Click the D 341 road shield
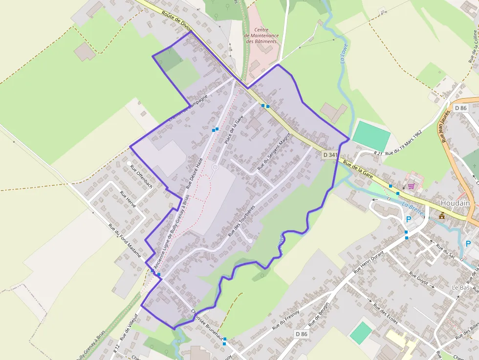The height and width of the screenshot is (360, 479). point(330,155)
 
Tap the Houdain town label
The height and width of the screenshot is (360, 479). point(455,203)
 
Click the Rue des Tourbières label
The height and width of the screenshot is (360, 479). point(241,221)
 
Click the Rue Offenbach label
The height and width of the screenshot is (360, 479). point(141,176)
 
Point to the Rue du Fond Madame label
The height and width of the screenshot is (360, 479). point(125,240)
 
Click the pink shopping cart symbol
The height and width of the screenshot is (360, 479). point(412,186)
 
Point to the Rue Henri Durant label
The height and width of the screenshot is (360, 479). point(370,263)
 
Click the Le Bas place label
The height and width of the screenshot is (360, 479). point(460,288)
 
